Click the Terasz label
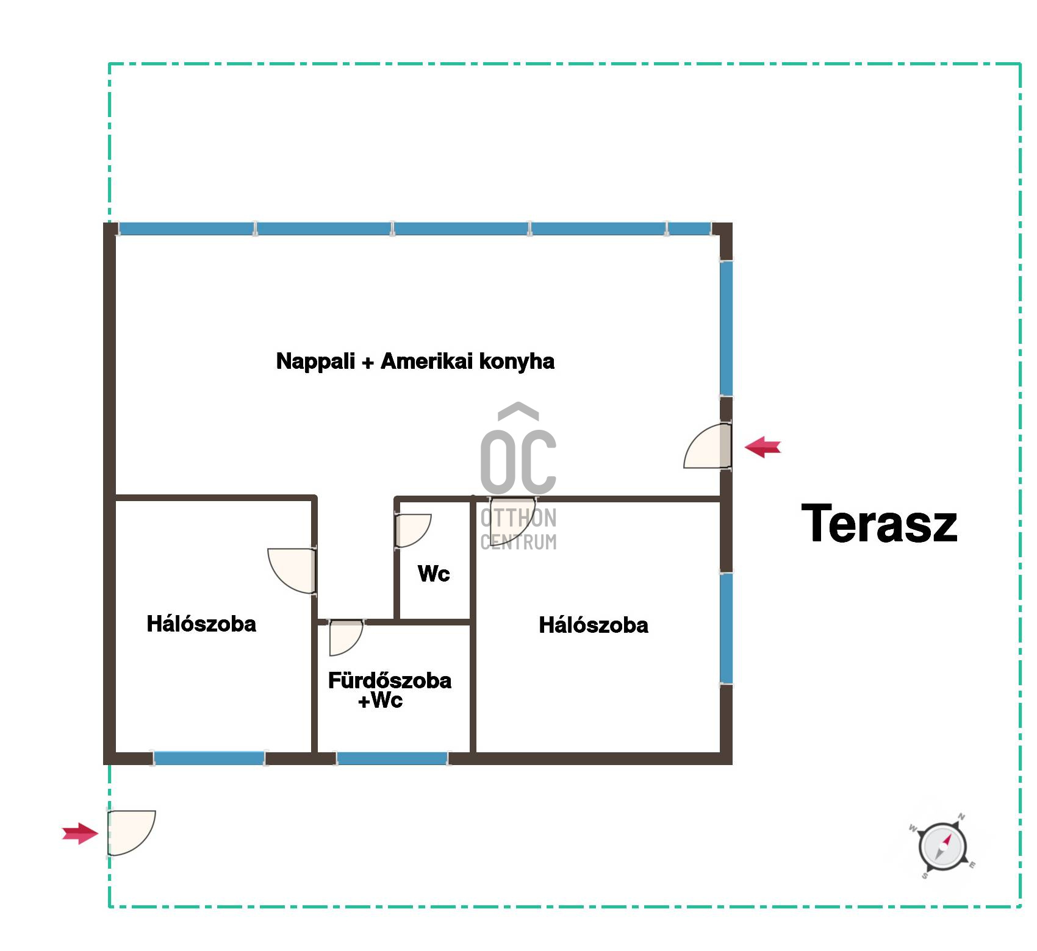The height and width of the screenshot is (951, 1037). pos(879,523)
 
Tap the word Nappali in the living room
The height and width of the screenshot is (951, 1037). pos(315,362)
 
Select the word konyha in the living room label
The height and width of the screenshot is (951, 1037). pos(517,362)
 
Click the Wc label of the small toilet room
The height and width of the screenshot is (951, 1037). pos(434,574)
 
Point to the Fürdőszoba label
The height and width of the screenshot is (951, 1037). pos(390,680)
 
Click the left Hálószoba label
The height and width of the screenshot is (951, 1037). pos(201,624)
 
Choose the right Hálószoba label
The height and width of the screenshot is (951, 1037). pos(594,625)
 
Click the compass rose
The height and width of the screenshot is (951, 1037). pos(943,847)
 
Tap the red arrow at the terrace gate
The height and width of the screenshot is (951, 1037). pos(80,833)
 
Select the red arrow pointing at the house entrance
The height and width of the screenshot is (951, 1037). pos(762,447)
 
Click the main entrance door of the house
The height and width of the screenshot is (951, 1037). pos(708,446)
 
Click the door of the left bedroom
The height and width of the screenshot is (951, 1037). pos(292,571)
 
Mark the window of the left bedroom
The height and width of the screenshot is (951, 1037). pos(209,758)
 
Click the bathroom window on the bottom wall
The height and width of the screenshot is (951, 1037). pos(392,758)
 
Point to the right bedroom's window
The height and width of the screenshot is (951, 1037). pos(726,629)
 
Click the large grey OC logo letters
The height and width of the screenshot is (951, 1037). pos(518,461)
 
